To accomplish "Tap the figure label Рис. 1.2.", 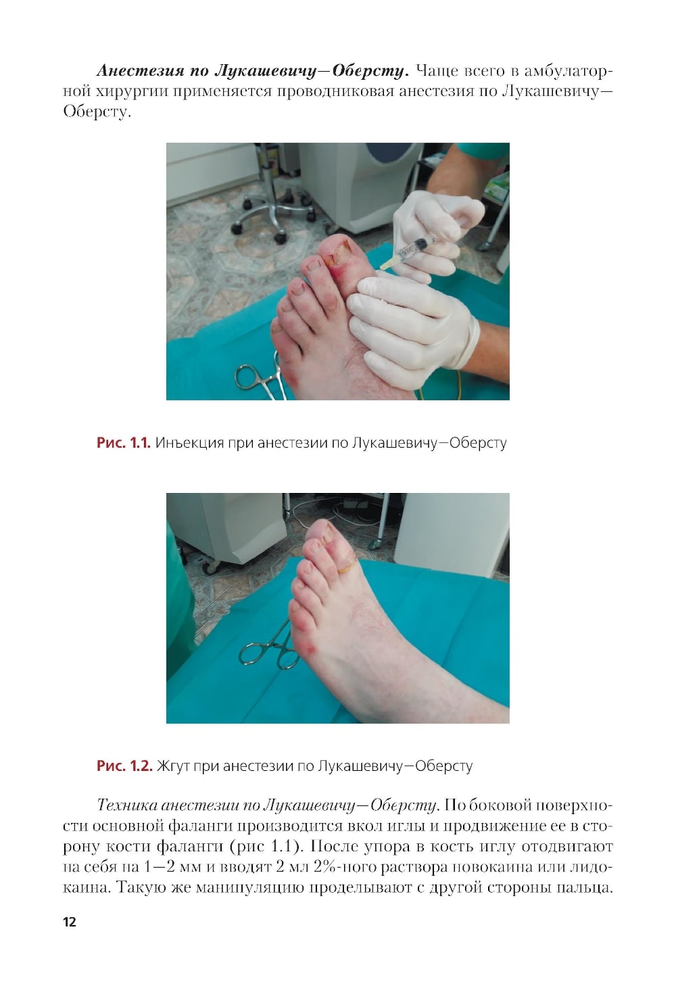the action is pos(124,765).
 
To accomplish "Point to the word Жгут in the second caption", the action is pos(173,766).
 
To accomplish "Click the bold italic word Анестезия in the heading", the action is pos(140,71).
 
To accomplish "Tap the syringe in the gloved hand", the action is pos(408,252).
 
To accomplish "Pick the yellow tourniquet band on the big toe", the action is pos(347,566).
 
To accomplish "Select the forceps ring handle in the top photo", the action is pos(249,377).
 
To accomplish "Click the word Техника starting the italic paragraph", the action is pos(127,805).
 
